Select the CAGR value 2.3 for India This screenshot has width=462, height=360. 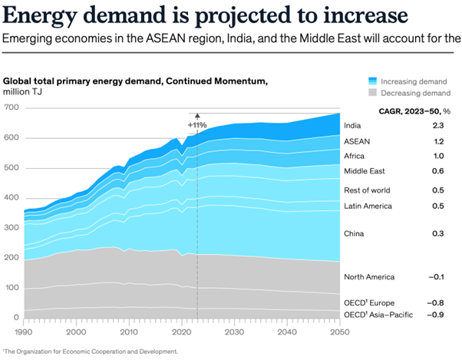(438, 126)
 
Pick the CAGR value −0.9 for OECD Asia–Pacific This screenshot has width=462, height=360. (437, 315)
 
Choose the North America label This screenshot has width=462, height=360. (369, 276)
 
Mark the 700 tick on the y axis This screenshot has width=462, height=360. (10, 107)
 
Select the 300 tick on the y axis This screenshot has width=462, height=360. (10, 228)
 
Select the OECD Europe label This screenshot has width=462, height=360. (369, 303)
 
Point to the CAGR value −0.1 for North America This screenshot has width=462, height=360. (437, 276)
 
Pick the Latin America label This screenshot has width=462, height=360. (368, 206)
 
